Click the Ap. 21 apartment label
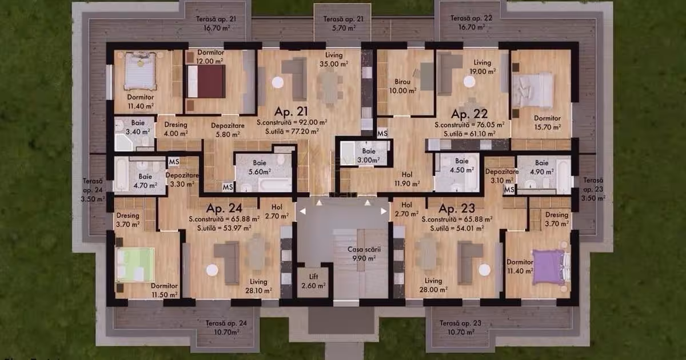[292, 111]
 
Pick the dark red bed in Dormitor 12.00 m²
[206, 81]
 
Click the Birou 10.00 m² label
[402, 86]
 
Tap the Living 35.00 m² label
[333, 60]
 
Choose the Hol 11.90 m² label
[407, 178]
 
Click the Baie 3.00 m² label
[368, 155]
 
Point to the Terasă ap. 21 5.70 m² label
[343, 23]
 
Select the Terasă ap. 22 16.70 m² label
[471, 22]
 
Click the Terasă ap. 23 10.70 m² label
[460, 327]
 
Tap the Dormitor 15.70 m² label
[547, 122]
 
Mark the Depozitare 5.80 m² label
[227, 129]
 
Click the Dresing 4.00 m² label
[176, 129]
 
